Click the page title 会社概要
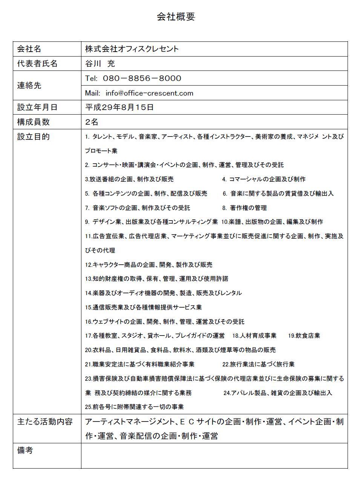click(x=176, y=17)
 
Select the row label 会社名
click(x=29, y=49)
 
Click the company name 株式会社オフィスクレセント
click(x=132, y=49)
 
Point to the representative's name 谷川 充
click(x=100, y=64)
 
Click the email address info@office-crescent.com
click(x=149, y=93)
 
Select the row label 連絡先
click(x=29, y=86)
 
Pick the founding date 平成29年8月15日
click(x=119, y=107)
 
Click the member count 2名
click(x=92, y=122)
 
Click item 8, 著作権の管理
click(x=244, y=208)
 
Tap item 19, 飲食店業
click(x=304, y=335)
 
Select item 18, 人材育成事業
click(x=254, y=335)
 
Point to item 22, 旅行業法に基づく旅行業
click(x=258, y=364)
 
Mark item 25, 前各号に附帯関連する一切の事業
click(x=134, y=407)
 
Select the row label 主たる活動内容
click(x=45, y=421)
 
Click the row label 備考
click(x=25, y=450)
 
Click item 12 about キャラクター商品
click(x=149, y=265)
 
